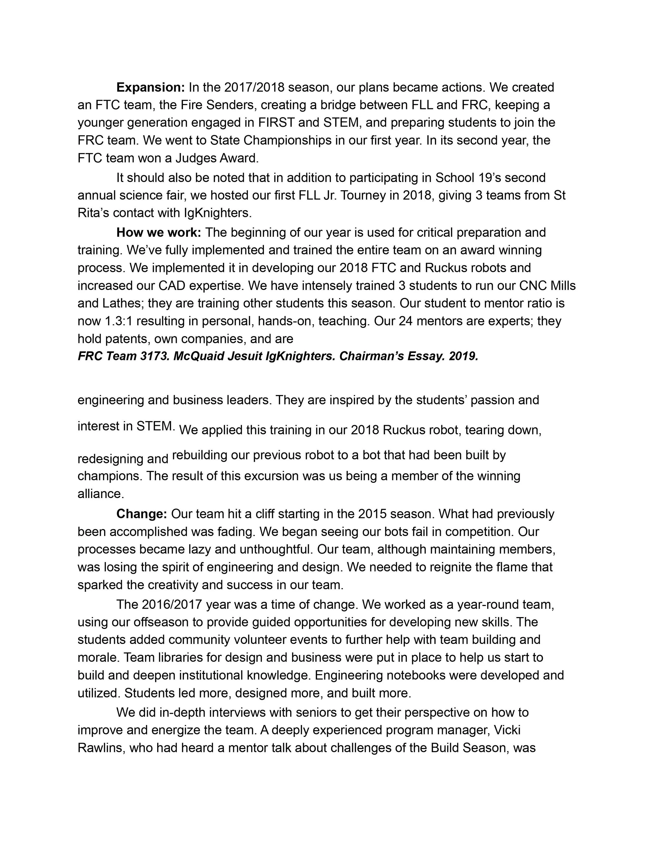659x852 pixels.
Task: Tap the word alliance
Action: click(101, 494)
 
